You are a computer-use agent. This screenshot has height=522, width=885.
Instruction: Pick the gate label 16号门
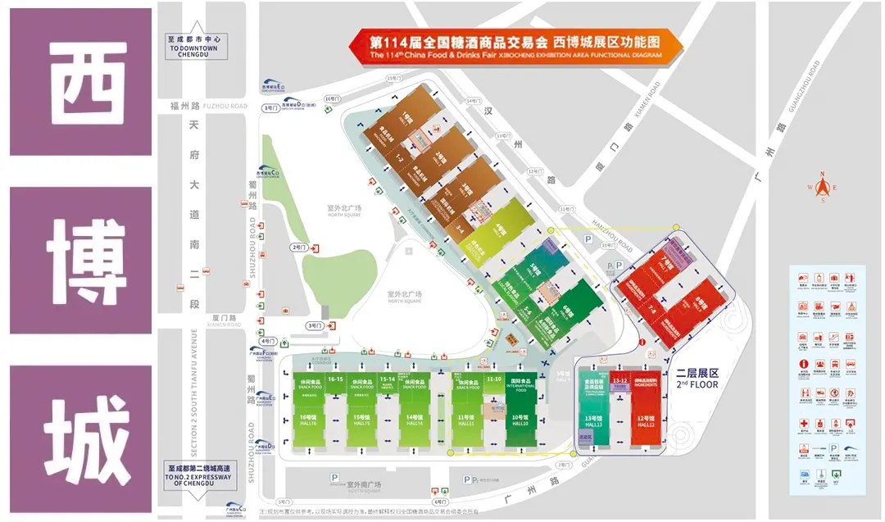tap(331, 98)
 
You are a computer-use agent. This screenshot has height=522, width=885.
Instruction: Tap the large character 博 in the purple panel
tap(81, 261)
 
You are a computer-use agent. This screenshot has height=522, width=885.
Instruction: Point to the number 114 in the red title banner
tap(398, 41)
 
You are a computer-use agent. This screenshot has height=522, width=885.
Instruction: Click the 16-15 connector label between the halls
tap(335, 379)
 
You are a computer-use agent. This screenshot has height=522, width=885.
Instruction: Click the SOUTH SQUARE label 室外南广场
tap(361, 477)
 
